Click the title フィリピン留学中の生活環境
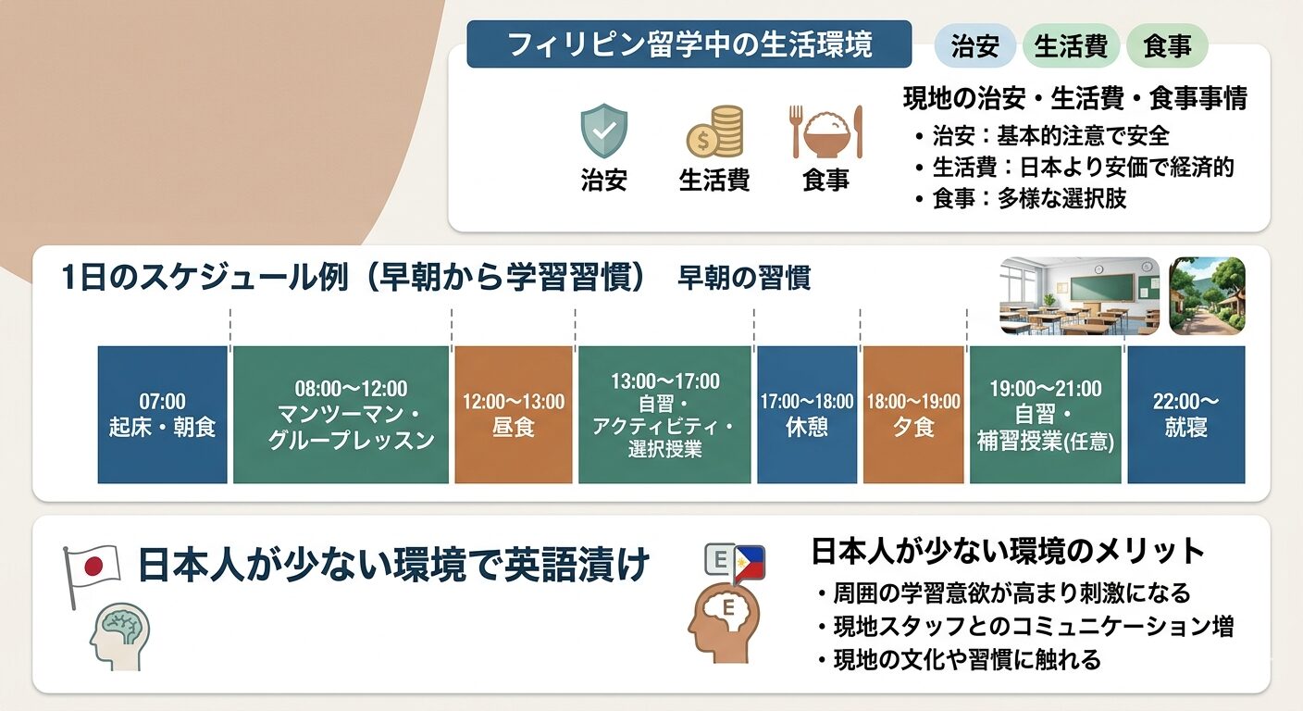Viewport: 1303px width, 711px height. coord(689,44)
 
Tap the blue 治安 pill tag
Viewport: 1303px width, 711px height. coord(974,45)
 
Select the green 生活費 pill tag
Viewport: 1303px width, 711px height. coord(1071,45)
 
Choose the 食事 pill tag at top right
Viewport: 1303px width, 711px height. coord(1167,45)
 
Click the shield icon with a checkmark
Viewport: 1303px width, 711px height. coord(604,131)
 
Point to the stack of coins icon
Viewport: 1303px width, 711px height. coord(714,131)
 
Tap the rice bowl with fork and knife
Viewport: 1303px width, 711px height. coord(825,131)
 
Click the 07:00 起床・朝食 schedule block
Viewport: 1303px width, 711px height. coord(162,414)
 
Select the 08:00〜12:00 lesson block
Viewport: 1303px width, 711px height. coord(341,414)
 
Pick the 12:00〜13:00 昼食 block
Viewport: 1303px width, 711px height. coord(514,414)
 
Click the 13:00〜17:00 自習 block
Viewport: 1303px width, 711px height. coord(664,414)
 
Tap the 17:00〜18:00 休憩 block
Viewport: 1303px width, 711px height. coord(807,414)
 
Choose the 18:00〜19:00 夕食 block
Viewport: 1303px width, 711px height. coord(913,414)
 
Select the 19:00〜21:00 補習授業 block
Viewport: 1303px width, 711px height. coord(1046,414)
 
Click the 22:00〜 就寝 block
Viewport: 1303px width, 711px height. coord(1186,414)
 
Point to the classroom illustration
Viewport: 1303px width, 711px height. coord(1080,296)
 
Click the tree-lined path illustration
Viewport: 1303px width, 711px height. coord(1207,296)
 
